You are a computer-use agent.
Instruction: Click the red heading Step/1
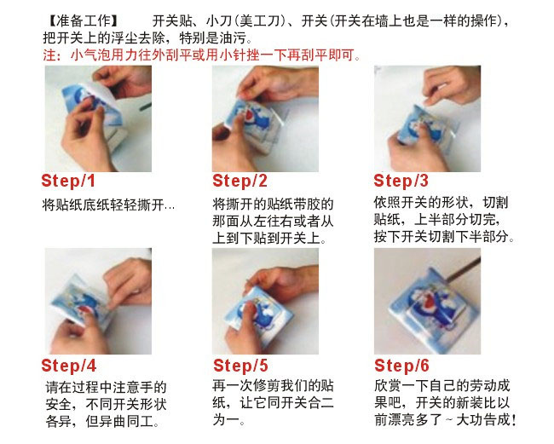click(68, 182)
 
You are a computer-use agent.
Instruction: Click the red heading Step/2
click(239, 182)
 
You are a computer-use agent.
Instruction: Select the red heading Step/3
click(401, 182)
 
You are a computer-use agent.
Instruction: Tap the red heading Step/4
click(69, 366)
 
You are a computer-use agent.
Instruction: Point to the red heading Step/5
click(240, 366)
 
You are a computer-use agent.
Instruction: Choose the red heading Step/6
click(401, 366)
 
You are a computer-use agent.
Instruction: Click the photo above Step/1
click(98, 118)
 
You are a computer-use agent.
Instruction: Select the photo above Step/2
click(265, 118)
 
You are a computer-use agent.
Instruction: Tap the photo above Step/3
click(428, 118)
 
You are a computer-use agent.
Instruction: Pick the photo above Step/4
click(98, 302)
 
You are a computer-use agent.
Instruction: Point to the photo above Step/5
click(265, 302)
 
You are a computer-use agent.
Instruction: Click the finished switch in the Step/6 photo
click(433, 307)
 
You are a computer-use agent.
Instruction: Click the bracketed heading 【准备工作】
click(84, 21)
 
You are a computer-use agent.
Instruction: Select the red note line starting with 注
click(201, 55)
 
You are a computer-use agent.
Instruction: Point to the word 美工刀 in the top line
click(259, 21)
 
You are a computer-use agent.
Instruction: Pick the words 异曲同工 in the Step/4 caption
click(126, 422)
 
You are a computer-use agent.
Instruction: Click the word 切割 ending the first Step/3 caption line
click(495, 203)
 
